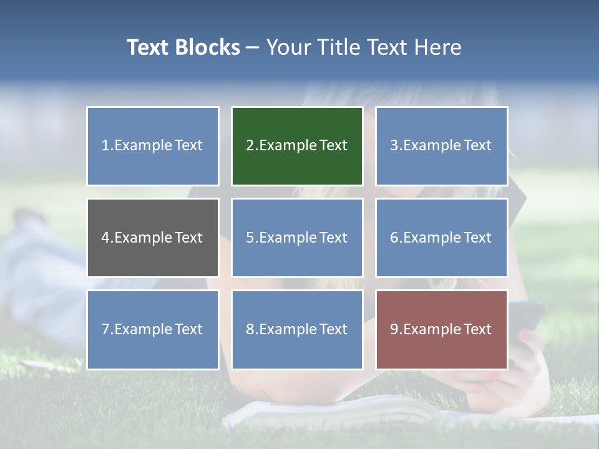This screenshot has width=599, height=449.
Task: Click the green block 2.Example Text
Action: [x=297, y=146]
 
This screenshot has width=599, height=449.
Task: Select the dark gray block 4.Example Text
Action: [x=153, y=238]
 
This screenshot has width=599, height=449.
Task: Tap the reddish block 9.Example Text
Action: [x=441, y=329]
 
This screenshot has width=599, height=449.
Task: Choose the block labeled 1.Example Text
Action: [x=153, y=146]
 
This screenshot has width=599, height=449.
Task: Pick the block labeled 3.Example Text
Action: [x=441, y=146]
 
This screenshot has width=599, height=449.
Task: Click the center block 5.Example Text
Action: [x=297, y=238]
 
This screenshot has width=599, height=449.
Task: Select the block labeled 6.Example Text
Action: [x=441, y=238]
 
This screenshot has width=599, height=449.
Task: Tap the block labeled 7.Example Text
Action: [x=153, y=329]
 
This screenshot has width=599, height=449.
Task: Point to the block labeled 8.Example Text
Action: [x=297, y=329]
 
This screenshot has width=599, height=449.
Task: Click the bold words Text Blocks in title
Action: [x=183, y=47]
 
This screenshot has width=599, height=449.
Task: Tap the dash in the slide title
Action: [x=253, y=47]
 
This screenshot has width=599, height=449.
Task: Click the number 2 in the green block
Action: [x=250, y=146]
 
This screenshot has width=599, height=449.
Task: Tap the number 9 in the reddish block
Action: [x=394, y=329]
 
